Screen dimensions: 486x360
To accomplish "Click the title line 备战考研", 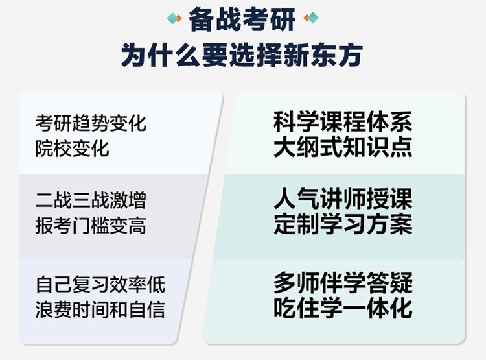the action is coord(242,19).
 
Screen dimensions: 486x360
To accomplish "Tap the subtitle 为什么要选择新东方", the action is coord(242,55).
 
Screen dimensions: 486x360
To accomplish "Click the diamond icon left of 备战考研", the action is coord(174,18).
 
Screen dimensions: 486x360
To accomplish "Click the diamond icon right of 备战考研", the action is coord(311,18).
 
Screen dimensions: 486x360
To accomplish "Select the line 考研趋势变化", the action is coord(91,123).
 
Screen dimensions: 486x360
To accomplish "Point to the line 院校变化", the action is coord(72,149).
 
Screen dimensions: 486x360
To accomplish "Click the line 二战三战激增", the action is coord(91,200).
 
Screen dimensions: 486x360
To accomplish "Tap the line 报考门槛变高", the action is coord(91,225).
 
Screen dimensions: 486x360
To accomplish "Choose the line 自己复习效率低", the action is coord(100,284).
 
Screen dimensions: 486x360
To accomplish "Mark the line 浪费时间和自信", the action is coord(100,309).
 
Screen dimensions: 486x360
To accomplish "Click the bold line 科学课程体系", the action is coord(343,122).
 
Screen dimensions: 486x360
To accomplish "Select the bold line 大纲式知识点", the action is coord(343,147).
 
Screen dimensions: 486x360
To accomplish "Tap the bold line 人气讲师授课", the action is coord(343,198).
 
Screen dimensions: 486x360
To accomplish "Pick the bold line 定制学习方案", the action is coord(343,223).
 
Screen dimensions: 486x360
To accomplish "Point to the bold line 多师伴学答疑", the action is coord(343,283).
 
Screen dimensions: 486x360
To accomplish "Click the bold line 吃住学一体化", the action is coord(343,307).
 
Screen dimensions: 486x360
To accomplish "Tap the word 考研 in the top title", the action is coord(268,19).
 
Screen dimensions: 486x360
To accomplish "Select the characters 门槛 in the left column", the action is coord(91,225).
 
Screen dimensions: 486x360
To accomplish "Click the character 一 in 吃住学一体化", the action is coord(354,308).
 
